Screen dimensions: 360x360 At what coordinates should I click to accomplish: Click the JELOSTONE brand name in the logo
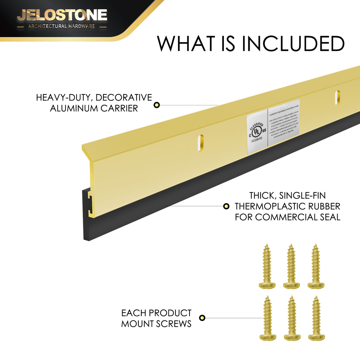pos(62,15)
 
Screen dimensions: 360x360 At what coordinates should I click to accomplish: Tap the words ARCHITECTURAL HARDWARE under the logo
pos(61,26)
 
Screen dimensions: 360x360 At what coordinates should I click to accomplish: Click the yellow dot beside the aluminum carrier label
pos(157,105)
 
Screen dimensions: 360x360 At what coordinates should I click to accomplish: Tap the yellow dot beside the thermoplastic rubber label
pos(226,206)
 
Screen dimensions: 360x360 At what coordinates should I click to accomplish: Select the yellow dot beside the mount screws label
pos(202,318)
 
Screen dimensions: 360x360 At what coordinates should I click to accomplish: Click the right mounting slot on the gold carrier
pos(337,98)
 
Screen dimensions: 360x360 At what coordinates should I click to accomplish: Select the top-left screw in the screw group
pos(267,266)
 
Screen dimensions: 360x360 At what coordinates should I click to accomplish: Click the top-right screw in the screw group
pos(315,266)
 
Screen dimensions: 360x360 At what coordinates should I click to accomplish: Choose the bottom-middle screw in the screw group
pos(291,318)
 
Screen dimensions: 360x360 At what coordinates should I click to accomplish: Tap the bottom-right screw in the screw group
pos(315,318)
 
